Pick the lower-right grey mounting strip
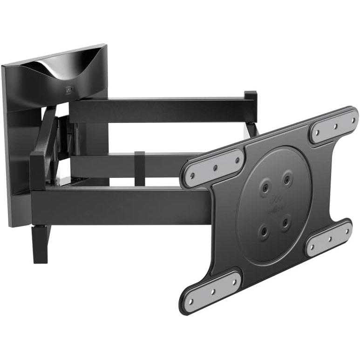coord(328,238)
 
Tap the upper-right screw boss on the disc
coord(287,177)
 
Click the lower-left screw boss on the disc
coord(265,231)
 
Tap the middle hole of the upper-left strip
coord(215,168)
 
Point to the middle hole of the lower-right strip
coord(329,238)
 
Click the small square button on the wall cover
coord(69,89)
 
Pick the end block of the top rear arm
coord(251,107)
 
